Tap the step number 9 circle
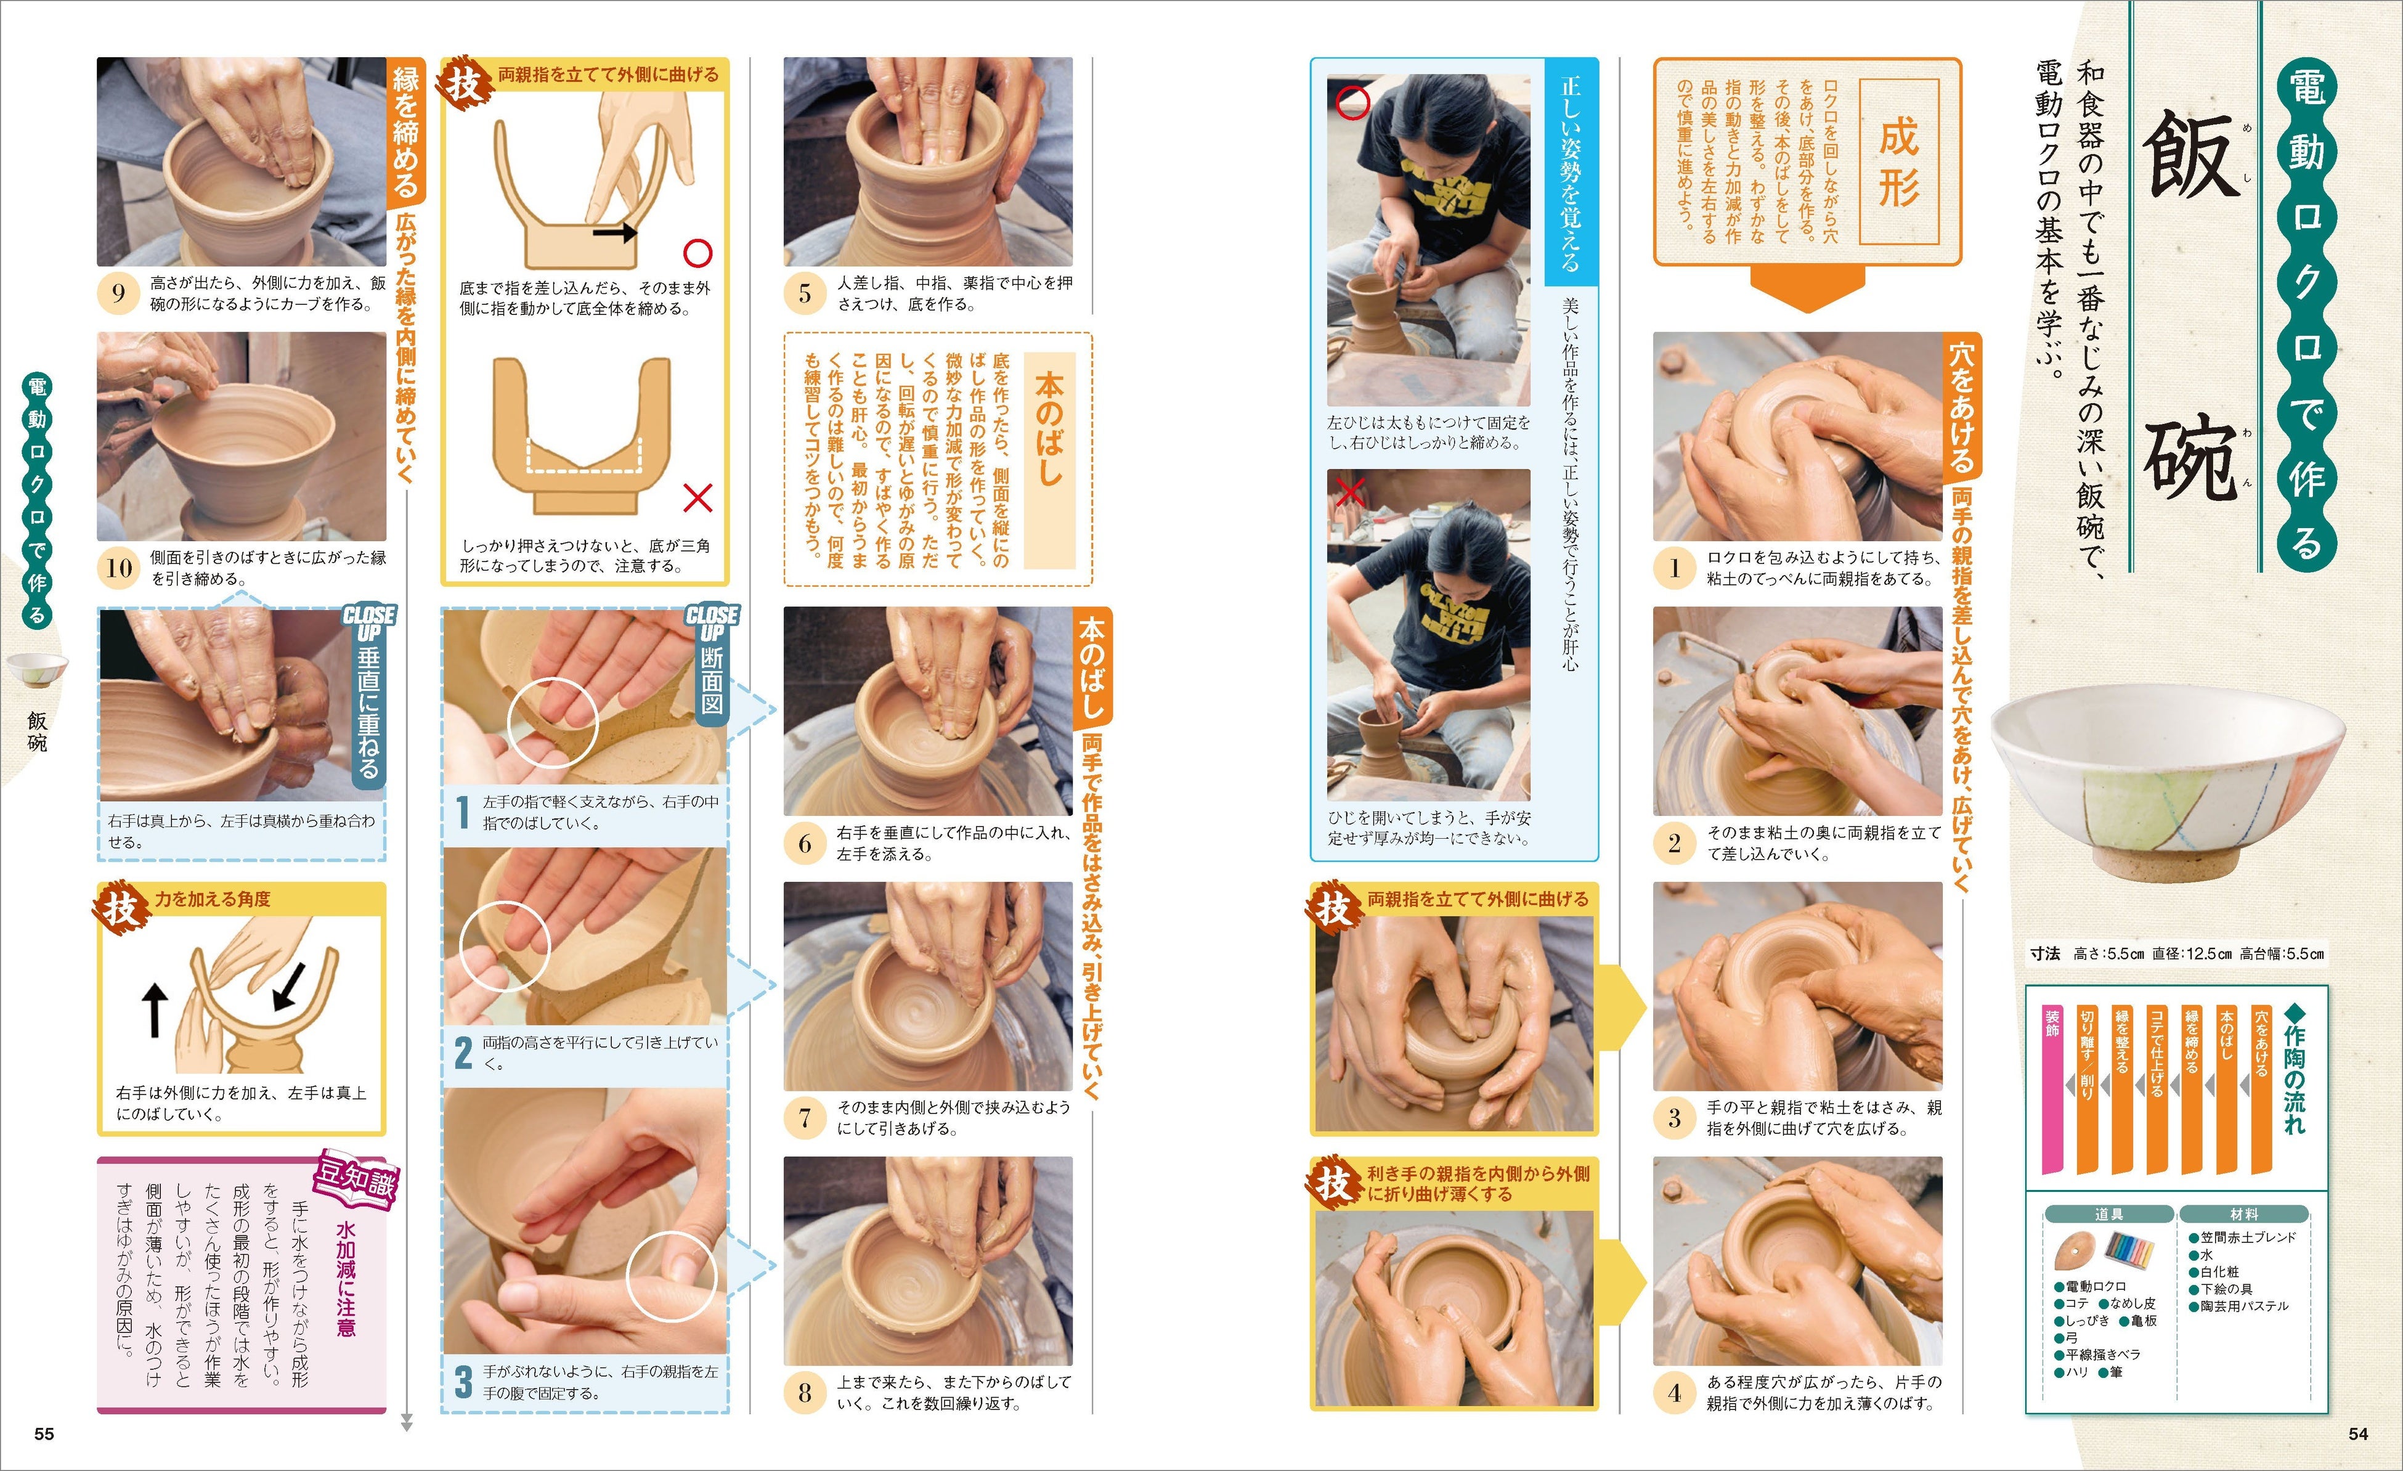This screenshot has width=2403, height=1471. (x=118, y=293)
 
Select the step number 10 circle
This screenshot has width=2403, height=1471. (x=118, y=568)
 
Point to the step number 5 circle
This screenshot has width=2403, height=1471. (x=805, y=293)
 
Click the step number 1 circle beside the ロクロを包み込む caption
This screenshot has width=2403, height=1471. (x=1675, y=568)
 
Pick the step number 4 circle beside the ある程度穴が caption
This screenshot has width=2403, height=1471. (x=1675, y=1393)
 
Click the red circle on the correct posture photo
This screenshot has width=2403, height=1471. (x=1352, y=102)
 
